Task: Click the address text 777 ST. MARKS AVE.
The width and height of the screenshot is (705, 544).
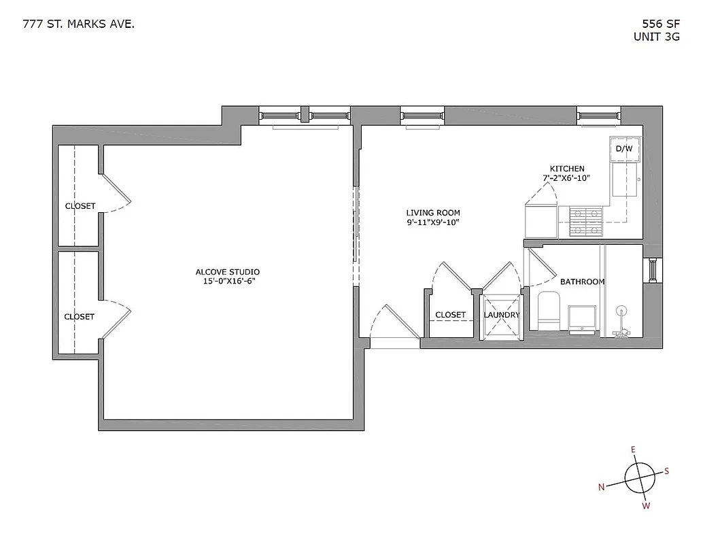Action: point(78,24)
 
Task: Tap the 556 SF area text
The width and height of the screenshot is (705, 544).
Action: point(656,24)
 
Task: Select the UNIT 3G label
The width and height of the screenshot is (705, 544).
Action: point(656,37)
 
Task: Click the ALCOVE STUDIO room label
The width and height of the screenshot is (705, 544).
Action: point(227,272)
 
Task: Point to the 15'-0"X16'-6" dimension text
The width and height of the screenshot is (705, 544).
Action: point(227,281)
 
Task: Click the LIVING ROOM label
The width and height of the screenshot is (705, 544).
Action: point(433,213)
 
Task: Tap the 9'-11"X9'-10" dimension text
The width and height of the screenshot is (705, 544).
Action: point(433,222)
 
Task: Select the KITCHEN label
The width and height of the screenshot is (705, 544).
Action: point(566,169)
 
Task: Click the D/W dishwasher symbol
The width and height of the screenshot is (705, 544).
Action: point(624,149)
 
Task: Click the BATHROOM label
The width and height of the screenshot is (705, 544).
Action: point(582,282)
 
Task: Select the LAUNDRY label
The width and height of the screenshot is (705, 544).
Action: point(502,315)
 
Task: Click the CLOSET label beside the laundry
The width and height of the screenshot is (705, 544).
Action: point(450,315)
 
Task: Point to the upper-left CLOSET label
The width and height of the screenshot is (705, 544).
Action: point(80,206)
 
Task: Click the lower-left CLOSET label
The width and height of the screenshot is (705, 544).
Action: point(79,316)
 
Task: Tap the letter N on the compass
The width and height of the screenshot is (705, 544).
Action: point(602,487)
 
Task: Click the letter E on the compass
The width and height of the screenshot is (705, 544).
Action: point(633,449)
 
